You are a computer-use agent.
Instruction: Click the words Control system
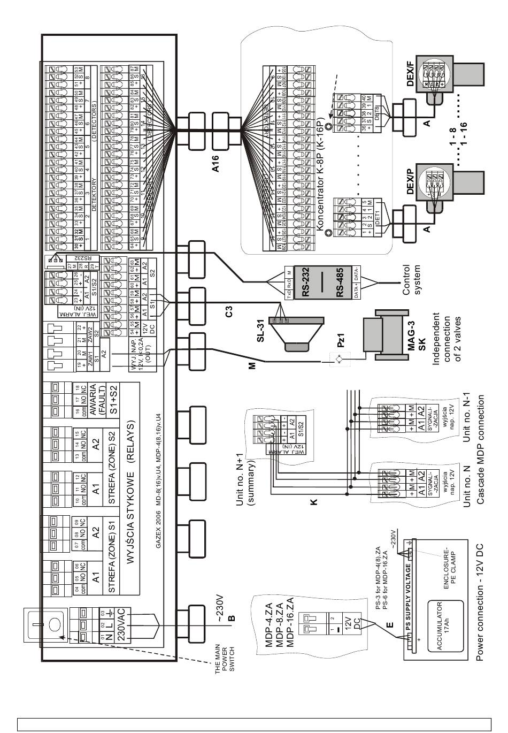coord(412,279)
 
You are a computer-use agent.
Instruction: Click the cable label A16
coord(217,161)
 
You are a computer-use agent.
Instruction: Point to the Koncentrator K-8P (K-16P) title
coord(320,175)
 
